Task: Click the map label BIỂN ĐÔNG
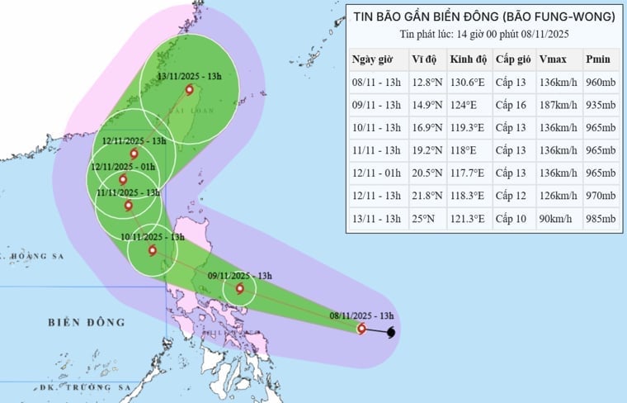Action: point(87,321)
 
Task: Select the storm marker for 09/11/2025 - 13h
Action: point(240,288)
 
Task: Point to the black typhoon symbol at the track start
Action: point(390,332)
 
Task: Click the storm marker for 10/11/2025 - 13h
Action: point(152,249)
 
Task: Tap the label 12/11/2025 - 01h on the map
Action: point(123,166)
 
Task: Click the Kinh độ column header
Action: point(468,59)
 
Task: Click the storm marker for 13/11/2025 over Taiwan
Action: point(189,90)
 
